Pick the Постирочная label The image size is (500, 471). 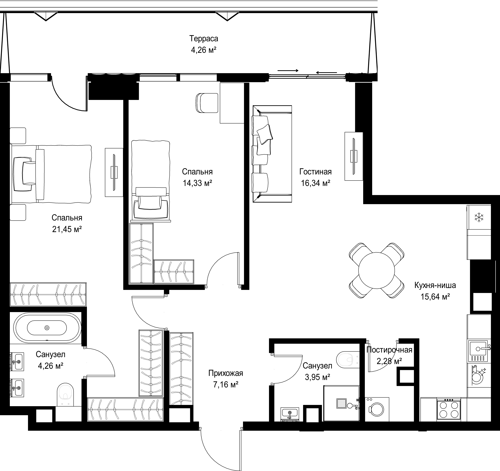(x=389, y=350)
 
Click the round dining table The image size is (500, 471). (x=376, y=271)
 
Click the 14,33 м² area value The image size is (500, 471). (x=197, y=183)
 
